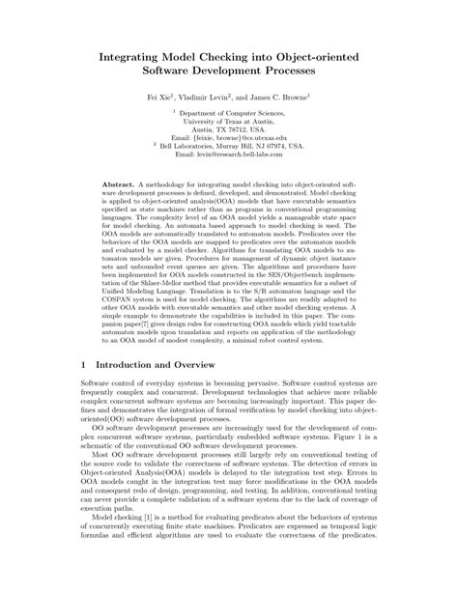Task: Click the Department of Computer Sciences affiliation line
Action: (232, 113)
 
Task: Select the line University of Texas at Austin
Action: (229, 122)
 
